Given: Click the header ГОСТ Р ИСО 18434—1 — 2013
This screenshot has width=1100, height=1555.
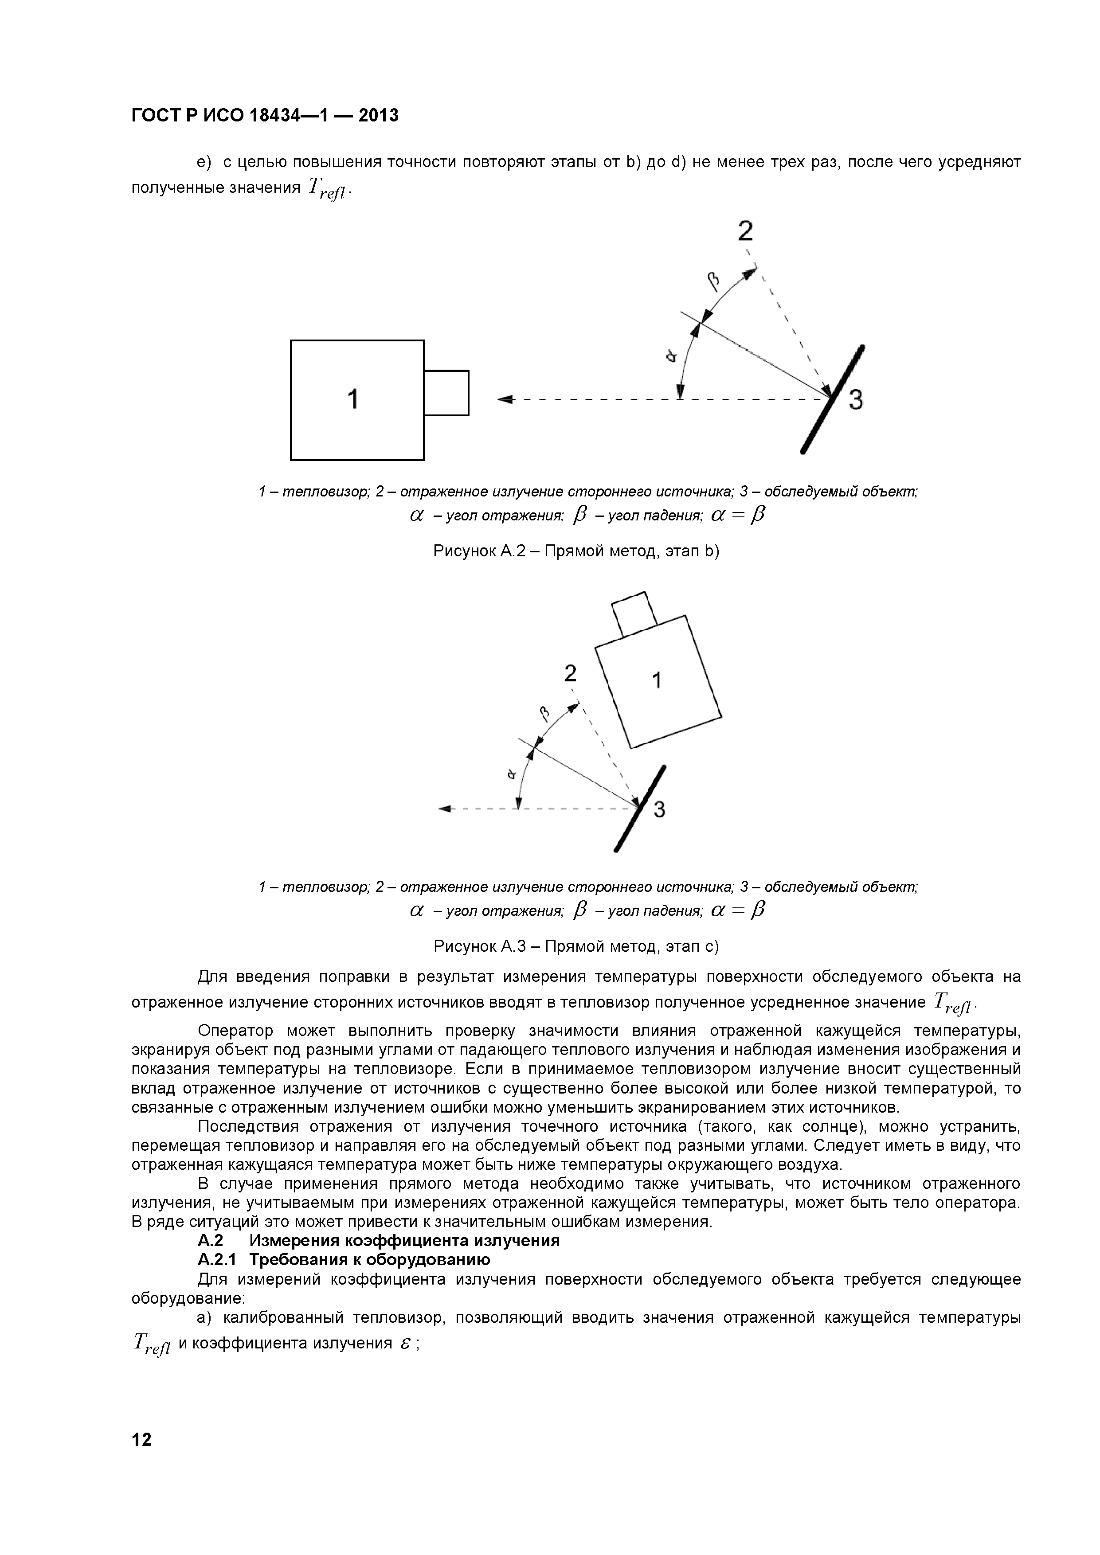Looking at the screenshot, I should point(265,116).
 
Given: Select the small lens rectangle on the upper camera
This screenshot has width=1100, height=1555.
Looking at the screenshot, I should point(446,393).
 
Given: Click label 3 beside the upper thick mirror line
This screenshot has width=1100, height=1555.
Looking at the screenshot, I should point(856,401).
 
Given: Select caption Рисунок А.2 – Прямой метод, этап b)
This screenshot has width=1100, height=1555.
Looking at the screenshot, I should point(576,551).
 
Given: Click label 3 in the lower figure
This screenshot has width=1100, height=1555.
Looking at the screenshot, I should point(658,810).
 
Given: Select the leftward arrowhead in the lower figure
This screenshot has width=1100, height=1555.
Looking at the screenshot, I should point(445,809).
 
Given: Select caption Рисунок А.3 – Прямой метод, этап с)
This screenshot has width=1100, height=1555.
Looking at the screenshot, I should point(576,946).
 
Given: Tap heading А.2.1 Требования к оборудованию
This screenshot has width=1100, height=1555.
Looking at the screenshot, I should point(344,1260).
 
